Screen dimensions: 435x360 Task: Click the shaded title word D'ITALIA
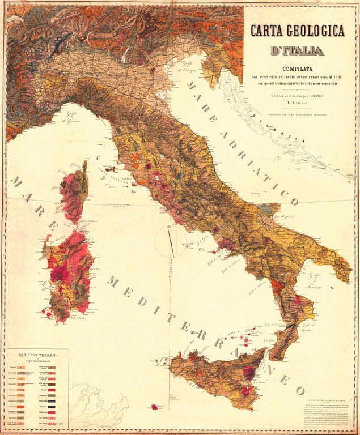297,51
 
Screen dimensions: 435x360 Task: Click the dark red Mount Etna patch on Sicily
248,372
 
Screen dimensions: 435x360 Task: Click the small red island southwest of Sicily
154,407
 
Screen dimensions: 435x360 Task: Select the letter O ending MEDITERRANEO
299,391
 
